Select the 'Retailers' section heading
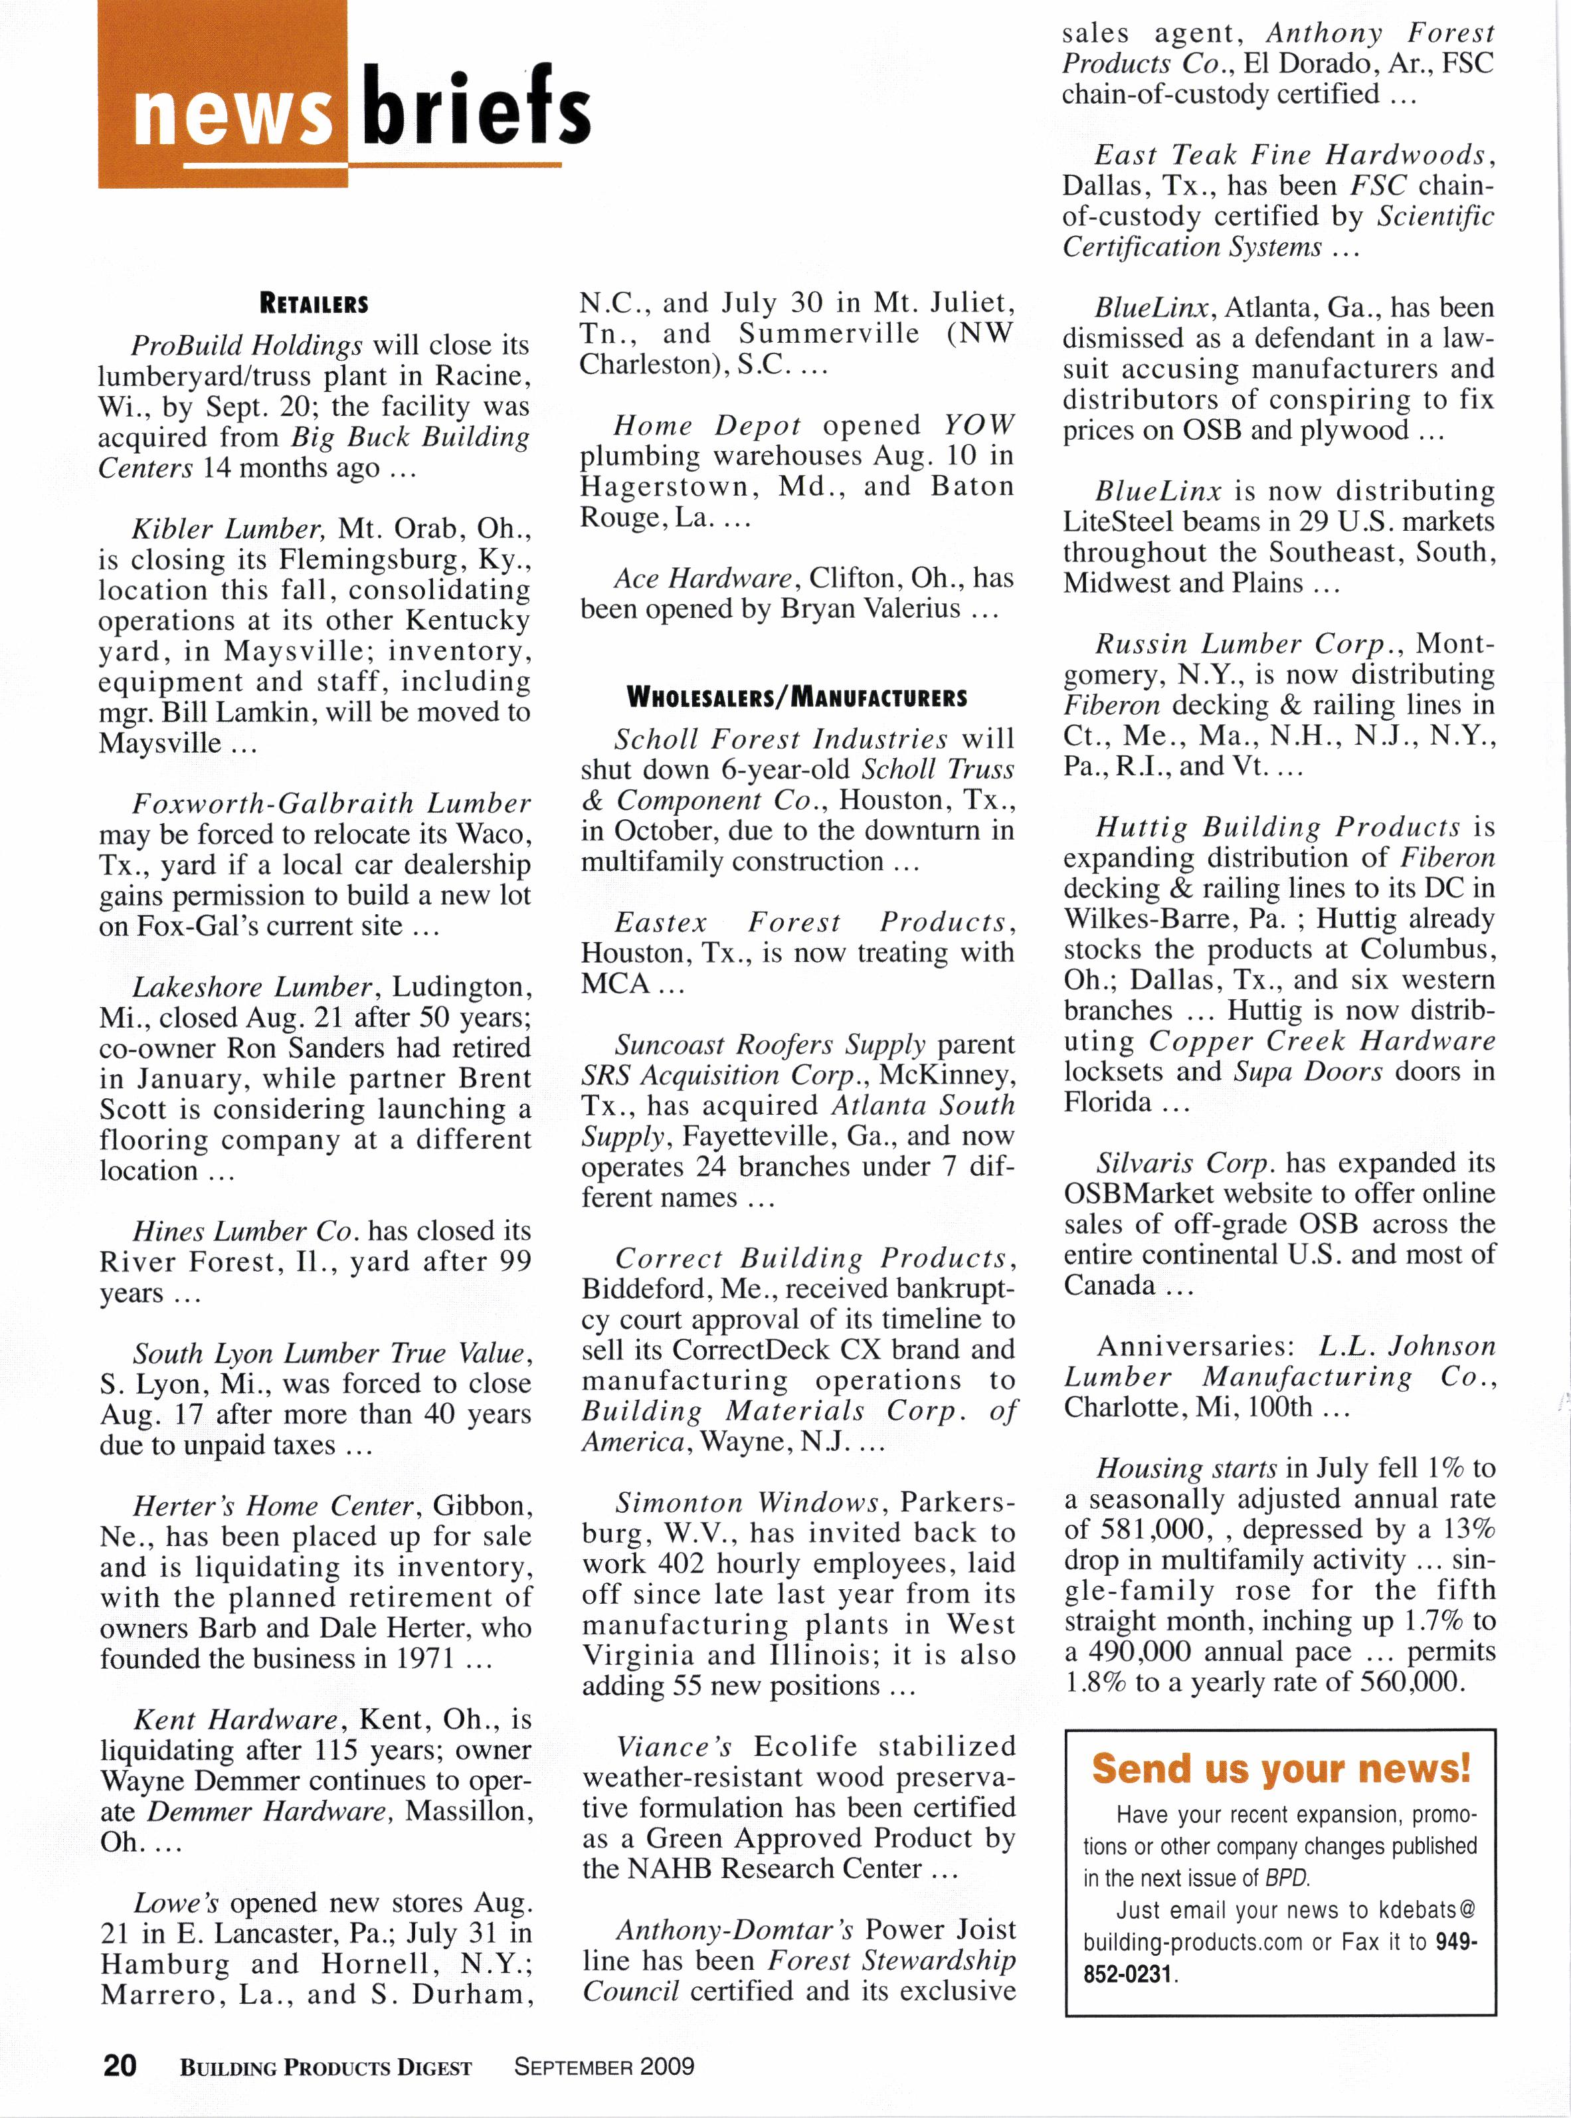click(x=314, y=304)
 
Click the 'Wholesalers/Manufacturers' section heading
click(x=797, y=697)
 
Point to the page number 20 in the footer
click(x=120, y=2065)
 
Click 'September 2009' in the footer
click(x=604, y=2066)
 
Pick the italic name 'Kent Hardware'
click(x=235, y=1719)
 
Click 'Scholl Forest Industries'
click(x=780, y=738)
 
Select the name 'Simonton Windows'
click(x=745, y=1503)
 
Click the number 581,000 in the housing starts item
click(x=1149, y=1529)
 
